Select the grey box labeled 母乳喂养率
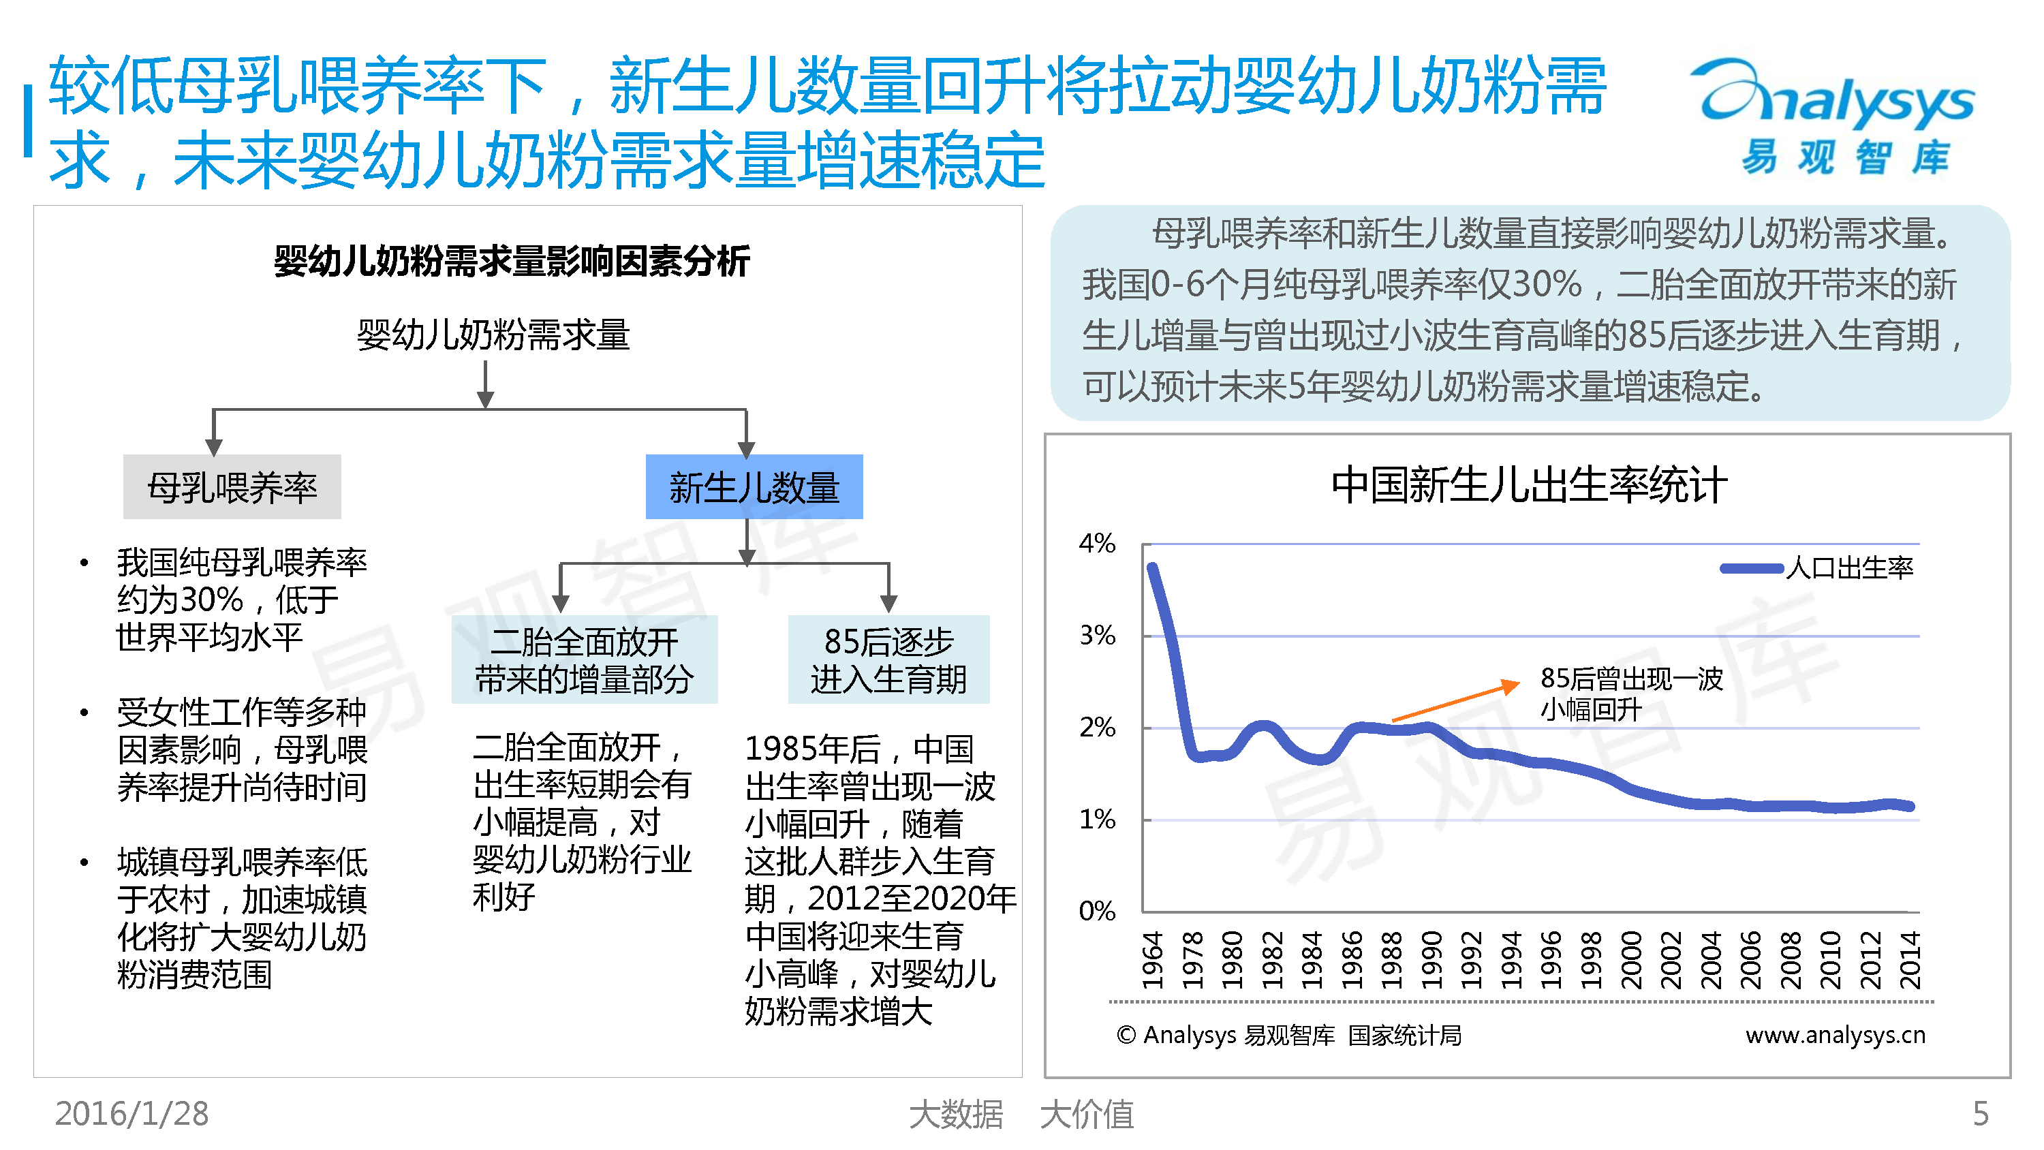(x=232, y=486)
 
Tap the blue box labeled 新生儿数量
(x=754, y=486)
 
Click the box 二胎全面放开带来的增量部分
(x=584, y=659)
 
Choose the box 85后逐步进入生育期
(x=888, y=659)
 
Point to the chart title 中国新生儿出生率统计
(x=1529, y=485)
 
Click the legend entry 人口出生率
(x=1817, y=568)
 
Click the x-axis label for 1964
(x=1152, y=961)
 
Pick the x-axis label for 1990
(x=1431, y=961)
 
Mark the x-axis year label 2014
(x=1910, y=961)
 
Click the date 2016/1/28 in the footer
(x=131, y=1113)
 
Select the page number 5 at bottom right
(x=1981, y=1113)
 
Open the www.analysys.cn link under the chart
(x=1836, y=1035)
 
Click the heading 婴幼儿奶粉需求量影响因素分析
(x=512, y=261)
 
